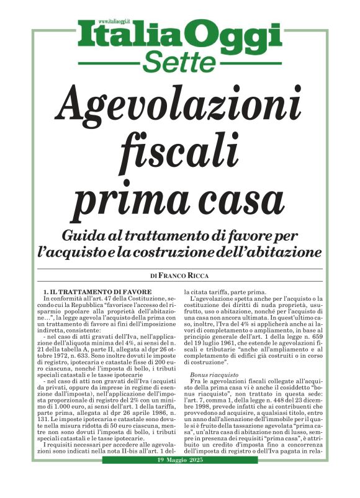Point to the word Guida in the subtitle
pos(86,236)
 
